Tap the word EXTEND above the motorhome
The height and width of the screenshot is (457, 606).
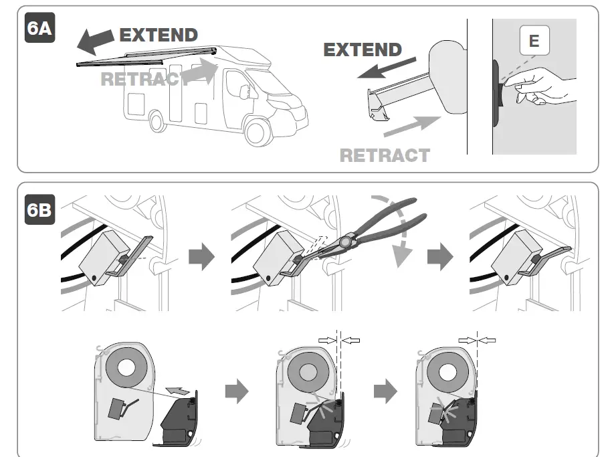(x=159, y=35)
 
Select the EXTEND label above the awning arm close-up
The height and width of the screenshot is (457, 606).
(x=363, y=50)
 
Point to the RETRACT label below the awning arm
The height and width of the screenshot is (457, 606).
(x=385, y=155)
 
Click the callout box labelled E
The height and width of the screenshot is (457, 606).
(x=534, y=41)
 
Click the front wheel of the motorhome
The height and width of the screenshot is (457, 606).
(x=258, y=130)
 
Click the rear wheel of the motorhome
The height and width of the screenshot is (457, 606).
(x=158, y=120)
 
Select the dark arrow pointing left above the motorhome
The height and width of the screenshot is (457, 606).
(x=94, y=40)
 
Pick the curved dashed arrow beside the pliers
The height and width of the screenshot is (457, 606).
(x=399, y=227)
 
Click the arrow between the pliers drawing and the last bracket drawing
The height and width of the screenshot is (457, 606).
(x=440, y=258)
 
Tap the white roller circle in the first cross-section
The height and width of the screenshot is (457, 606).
(x=125, y=367)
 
